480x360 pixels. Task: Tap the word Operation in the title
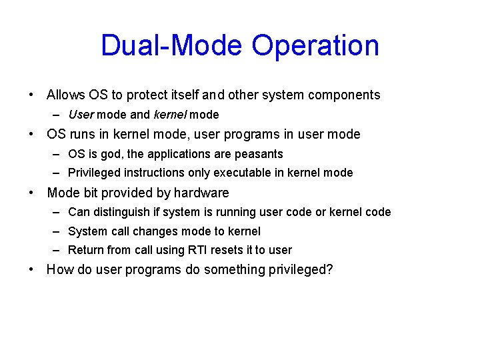(315, 46)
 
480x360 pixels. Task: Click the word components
(344, 95)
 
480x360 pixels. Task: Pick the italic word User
(81, 115)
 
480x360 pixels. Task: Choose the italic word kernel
(170, 115)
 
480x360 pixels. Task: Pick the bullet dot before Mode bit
(31, 193)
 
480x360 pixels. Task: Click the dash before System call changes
(59, 231)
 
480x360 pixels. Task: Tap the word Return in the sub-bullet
(85, 250)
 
